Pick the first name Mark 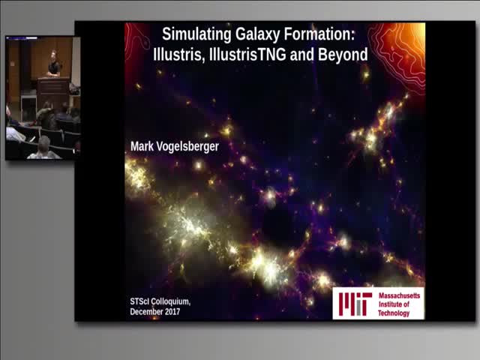(x=143, y=147)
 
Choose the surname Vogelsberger (x=188, y=147)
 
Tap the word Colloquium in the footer (x=169, y=301)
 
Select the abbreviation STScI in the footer (x=139, y=301)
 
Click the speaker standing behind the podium (x=53, y=64)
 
